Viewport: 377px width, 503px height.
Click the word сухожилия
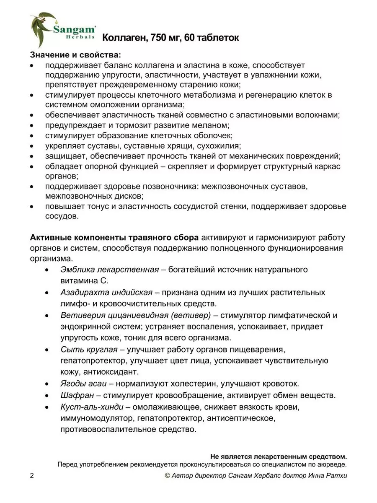click(220, 146)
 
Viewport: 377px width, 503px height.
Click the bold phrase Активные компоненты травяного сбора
click(114, 237)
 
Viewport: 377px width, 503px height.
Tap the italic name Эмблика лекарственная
click(110, 270)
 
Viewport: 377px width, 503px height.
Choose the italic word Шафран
click(75, 395)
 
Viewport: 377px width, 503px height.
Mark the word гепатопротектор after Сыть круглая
click(88, 360)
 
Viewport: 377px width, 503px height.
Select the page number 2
click(32, 475)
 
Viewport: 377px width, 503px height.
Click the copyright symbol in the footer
click(168, 475)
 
